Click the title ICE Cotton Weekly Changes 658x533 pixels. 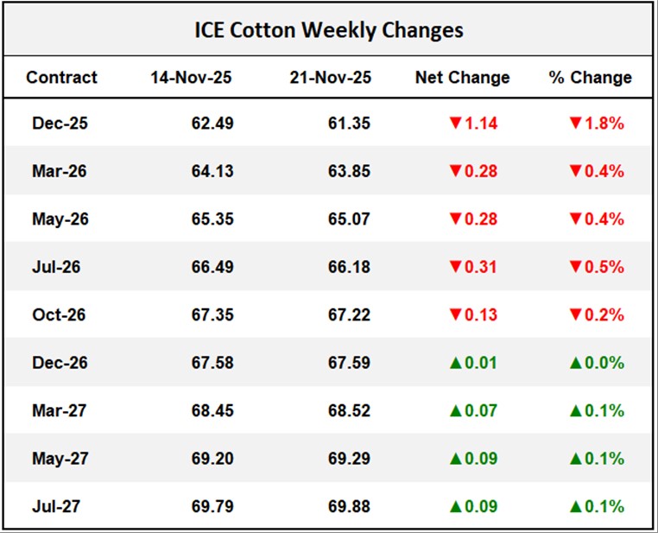328,30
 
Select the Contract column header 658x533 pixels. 61,77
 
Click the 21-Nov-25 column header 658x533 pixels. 331,77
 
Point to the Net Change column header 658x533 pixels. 462,77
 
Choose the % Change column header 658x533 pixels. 590,77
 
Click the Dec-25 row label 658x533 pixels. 60,123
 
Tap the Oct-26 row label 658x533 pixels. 60,314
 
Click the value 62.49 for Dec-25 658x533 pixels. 212,123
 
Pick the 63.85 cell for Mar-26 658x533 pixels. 349,171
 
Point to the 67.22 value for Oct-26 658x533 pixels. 349,314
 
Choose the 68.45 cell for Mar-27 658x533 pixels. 212,410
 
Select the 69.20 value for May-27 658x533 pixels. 212,458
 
